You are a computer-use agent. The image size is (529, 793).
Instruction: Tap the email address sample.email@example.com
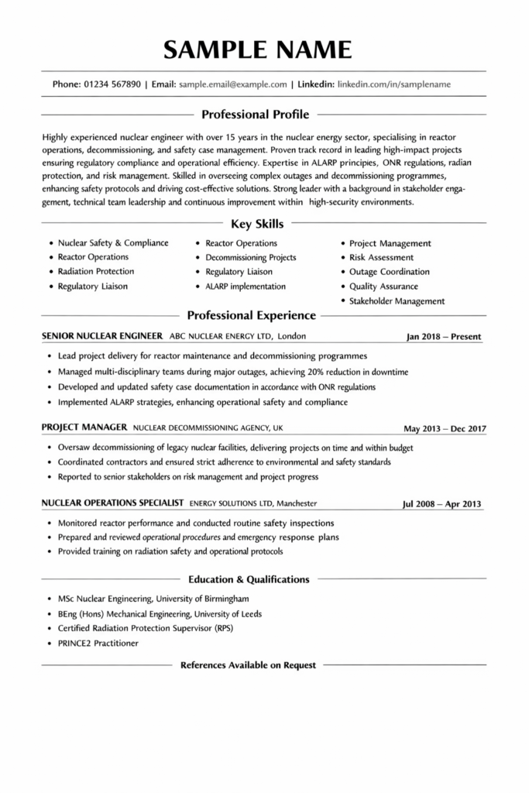tap(232, 84)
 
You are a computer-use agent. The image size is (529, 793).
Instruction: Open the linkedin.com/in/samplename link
tap(394, 84)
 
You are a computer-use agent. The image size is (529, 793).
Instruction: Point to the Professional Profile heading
tap(255, 115)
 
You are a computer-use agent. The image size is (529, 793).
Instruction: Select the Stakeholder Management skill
tap(397, 301)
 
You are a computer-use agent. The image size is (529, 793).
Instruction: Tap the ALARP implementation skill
tap(245, 287)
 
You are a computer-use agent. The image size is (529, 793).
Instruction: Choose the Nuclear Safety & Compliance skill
tap(113, 243)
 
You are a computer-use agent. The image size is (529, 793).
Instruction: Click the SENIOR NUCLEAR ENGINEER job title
tap(101, 337)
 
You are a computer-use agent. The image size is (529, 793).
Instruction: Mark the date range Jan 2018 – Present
tap(444, 337)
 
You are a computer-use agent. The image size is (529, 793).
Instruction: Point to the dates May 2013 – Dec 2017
tap(444, 428)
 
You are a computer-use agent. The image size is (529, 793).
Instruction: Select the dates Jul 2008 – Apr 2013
tap(441, 505)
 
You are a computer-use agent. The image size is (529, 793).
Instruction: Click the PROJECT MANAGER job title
tap(84, 427)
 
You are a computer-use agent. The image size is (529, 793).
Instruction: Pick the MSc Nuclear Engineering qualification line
tap(153, 599)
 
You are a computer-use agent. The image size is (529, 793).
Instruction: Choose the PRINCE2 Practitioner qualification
tap(98, 644)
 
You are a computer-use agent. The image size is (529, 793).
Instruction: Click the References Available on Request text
tap(248, 665)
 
